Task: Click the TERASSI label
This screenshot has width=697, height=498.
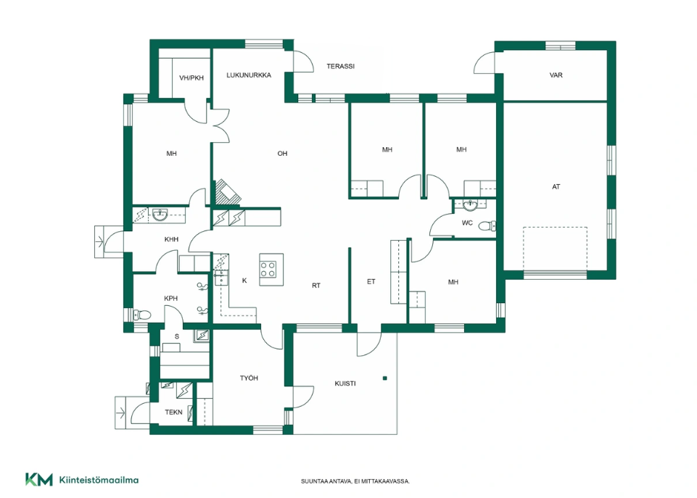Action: click(x=340, y=66)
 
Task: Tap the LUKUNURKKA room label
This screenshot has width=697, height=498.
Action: click(x=249, y=75)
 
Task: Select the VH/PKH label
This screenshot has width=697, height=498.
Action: click(x=191, y=78)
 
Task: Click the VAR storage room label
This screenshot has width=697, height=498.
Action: click(x=556, y=75)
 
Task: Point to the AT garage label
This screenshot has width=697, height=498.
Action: click(x=556, y=186)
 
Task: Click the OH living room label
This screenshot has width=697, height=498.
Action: click(x=282, y=153)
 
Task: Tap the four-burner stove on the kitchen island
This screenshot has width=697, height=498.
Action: click(x=268, y=269)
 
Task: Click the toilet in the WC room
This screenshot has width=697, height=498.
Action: click(x=487, y=226)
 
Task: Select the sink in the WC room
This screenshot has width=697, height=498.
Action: click(x=470, y=205)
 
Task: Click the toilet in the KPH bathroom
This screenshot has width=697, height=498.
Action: click(x=143, y=315)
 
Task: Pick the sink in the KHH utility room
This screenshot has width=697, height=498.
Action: click(x=160, y=215)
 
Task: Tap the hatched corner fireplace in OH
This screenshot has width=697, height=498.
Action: click(x=228, y=192)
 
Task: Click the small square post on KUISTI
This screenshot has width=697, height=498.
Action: click(x=385, y=378)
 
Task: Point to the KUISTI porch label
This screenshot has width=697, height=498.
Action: click(x=345, y=383)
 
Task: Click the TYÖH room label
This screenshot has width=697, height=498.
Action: click(x=249, y=378)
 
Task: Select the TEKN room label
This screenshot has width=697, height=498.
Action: click(x=173, y=412)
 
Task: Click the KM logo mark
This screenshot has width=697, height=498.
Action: click(x=38, y=479)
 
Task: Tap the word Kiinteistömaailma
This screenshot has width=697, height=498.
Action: click(x=99, y=480)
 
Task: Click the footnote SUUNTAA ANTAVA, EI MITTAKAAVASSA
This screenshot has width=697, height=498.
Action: click(x=355, y=481)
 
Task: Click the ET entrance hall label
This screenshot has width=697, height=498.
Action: click(x=371, y=281)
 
